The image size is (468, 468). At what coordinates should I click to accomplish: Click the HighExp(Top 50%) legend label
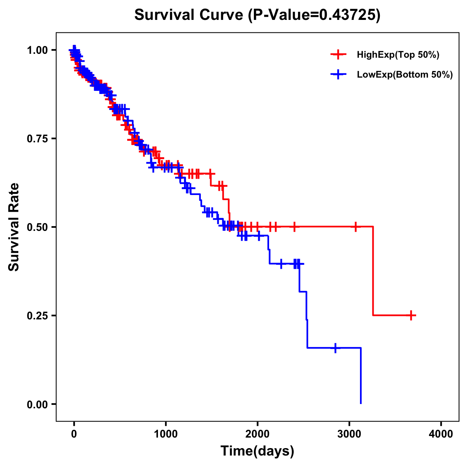(398, 55)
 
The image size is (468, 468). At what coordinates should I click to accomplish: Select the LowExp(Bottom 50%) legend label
(404, 75)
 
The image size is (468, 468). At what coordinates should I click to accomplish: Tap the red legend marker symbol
(338, 55)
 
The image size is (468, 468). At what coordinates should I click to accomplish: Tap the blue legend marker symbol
(338, 74)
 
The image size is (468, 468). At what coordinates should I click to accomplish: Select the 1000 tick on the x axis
(166, 434)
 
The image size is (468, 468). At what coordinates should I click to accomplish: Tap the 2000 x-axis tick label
(257, 434)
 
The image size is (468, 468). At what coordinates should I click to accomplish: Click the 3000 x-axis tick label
(349, 434)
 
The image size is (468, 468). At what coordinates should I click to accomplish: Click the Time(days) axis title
(257, 451)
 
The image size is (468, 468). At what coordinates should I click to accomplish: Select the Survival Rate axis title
(14, 227)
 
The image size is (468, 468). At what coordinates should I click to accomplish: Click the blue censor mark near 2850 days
(335, 347)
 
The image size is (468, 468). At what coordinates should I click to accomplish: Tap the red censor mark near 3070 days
(356, 227)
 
